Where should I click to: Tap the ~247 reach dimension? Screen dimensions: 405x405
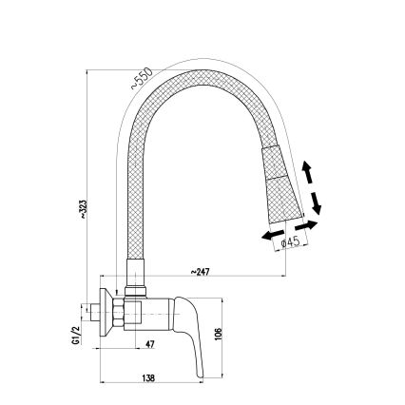[x=200, y=272]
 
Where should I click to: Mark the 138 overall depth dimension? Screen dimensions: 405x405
[x=149, y=377]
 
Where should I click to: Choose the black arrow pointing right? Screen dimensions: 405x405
[x=307, y=226]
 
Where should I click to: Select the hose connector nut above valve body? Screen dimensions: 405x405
[x=135, y=284]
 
